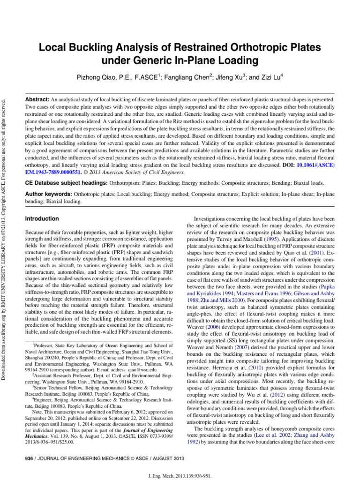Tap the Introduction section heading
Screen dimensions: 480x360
[x=42, y=218]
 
